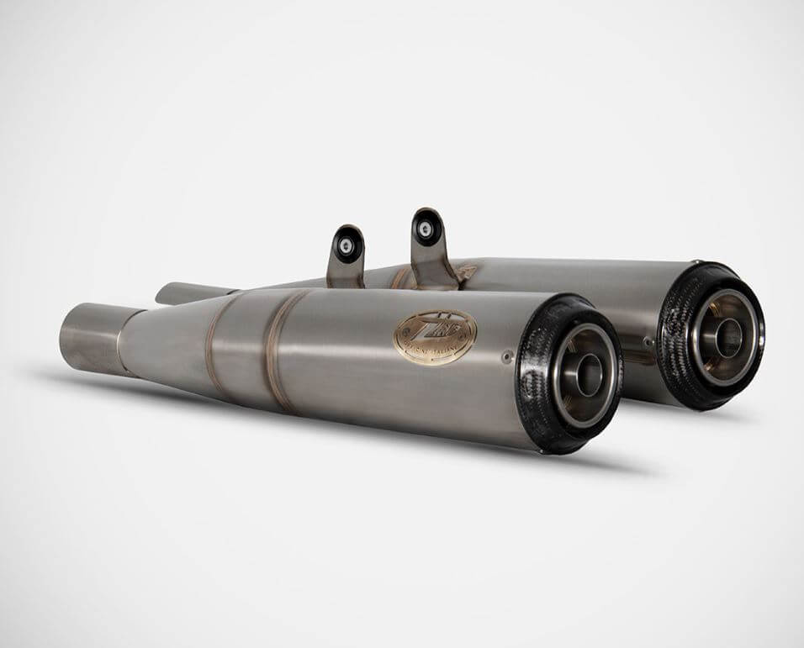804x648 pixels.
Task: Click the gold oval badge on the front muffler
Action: pyautogui.click(x=435, y=337)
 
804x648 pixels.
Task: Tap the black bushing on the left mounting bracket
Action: pyautogui.click(x=345, y=245)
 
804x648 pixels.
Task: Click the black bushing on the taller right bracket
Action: pyautogui.click(x=426, y=228)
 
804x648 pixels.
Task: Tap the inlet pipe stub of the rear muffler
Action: pyautogui.click(x=181, y=292)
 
